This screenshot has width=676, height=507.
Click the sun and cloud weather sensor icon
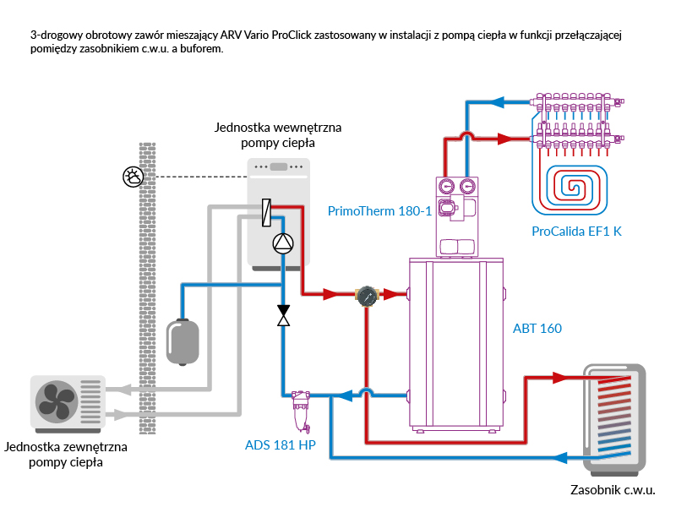pos(133,177)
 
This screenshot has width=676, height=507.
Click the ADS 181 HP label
pos(280,445)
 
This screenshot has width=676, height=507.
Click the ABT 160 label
pos(537,328)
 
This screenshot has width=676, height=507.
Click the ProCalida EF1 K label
pos(576,231)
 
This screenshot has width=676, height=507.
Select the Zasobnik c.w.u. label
pos(613,489)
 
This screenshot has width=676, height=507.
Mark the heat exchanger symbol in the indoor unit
pos(265,212)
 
